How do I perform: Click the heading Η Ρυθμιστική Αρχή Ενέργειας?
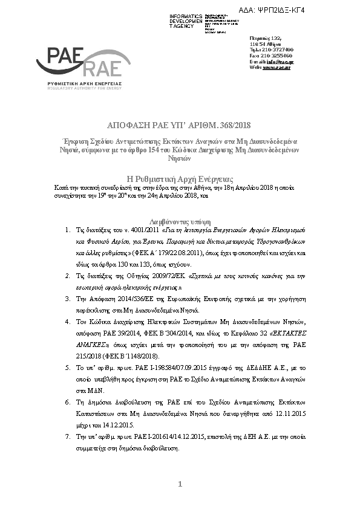coord(179,179)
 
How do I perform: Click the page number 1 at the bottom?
coord(180,484)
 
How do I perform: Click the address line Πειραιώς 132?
coord(261,37)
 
